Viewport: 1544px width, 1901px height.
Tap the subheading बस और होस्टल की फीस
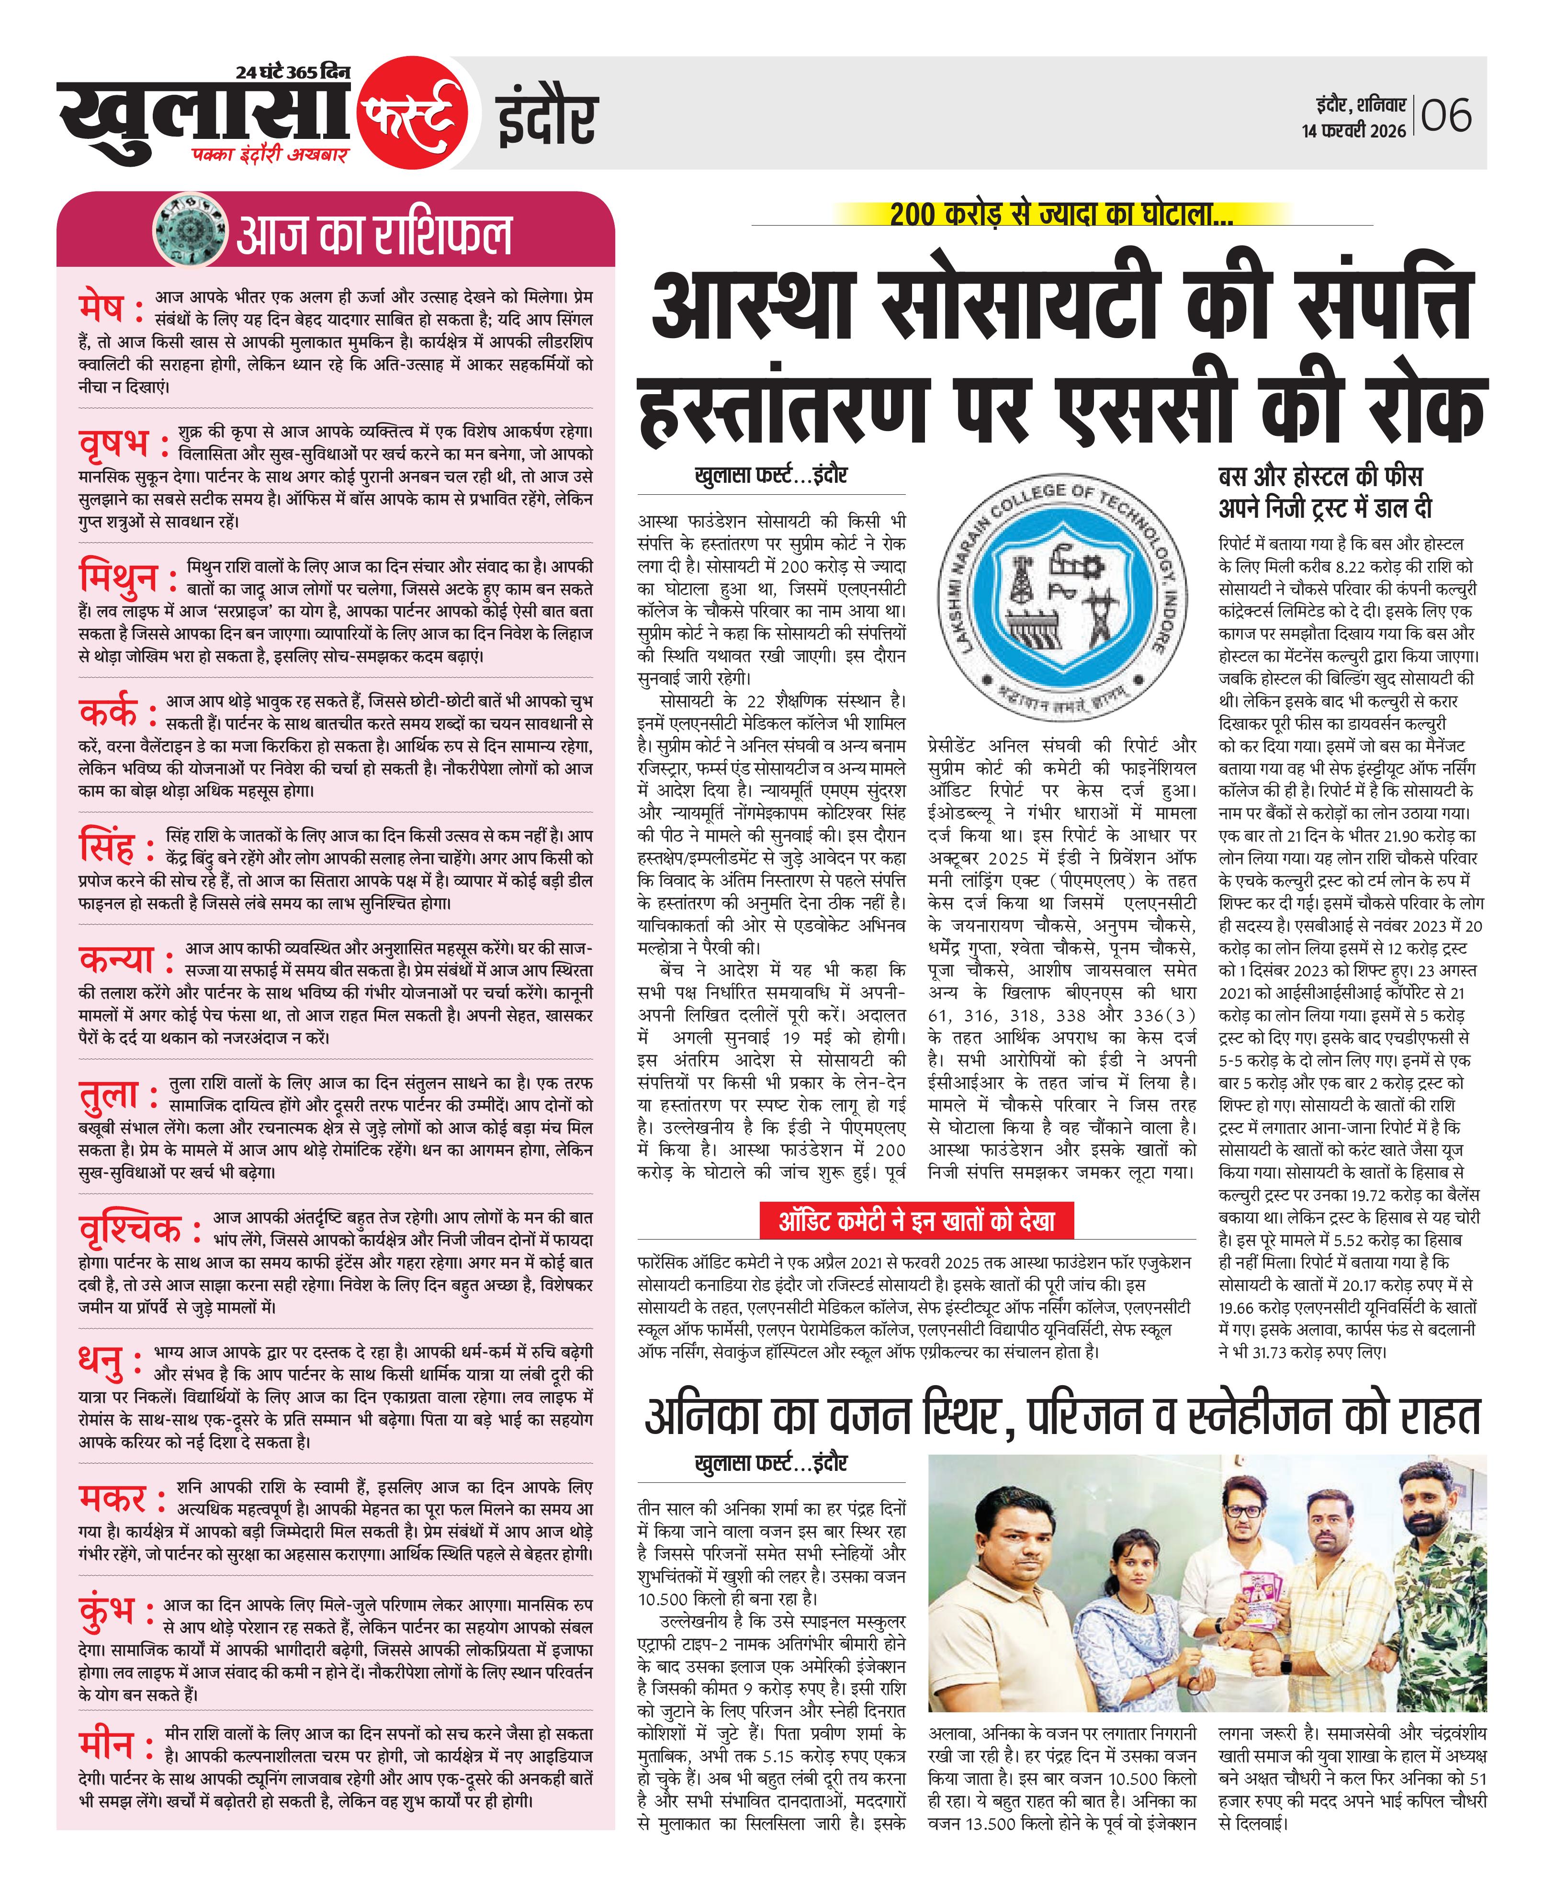click(1321, 476)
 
